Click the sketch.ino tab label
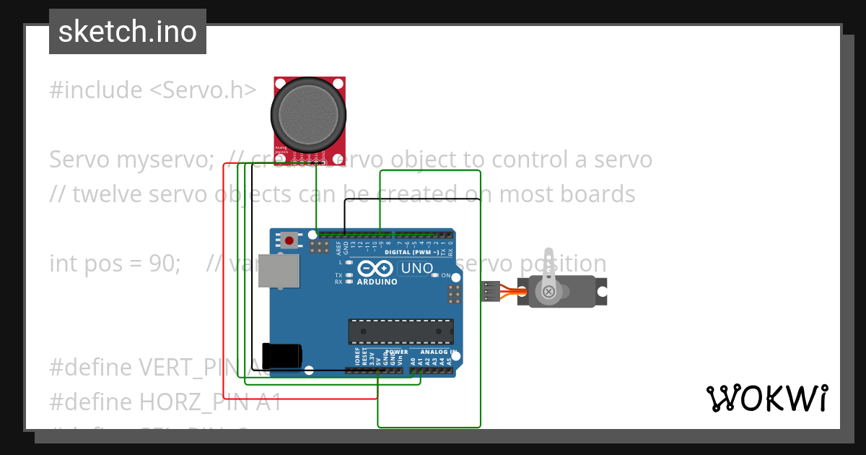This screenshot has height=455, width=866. (127, 32)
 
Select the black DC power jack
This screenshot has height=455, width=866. (281, 355)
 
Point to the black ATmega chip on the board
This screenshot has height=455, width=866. (401, 331)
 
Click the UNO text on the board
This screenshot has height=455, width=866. (417, 269)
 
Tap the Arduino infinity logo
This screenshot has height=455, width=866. (375, 268)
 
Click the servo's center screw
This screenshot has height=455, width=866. (548, 292)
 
